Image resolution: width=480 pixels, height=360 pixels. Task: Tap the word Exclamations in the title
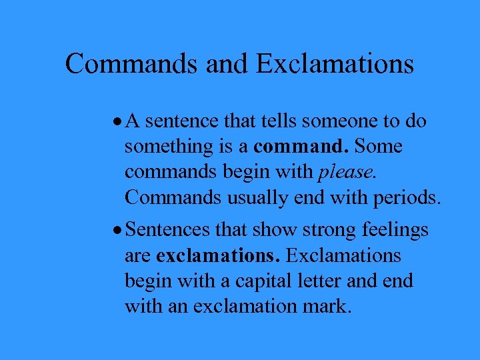click(335, 64)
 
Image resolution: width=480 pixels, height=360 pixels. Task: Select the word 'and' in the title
click(227, 64)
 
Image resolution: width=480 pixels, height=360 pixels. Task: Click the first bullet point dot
click(117, 122)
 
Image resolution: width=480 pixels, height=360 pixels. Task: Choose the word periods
click(407, 198)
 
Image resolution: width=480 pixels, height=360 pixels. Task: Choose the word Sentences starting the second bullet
click(168, 230)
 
